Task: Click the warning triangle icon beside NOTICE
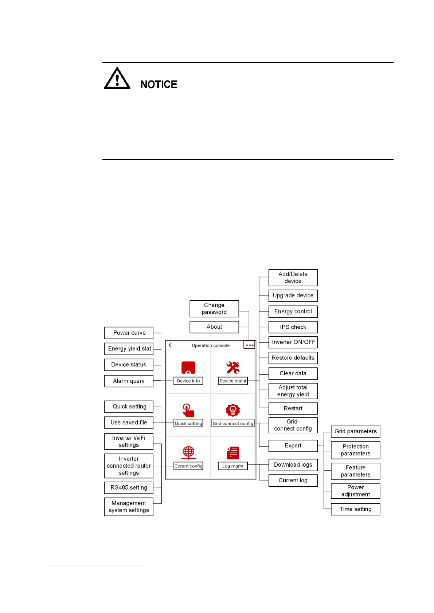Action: click(x=117, y=78)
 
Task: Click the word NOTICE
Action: click(x=159, y=84)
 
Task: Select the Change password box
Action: click(x=214, y=309)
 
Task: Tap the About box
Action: click(x=214, y=327)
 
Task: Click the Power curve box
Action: click(x=129, y=333)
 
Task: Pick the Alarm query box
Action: click(x=129, y=381)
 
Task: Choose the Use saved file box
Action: click(x=129, y=422)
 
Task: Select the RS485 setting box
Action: click(x=129, y=487)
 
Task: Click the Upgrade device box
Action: click(x=293, y=296)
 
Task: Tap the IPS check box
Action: click(x=293, y=327)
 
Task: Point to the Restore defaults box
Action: click(x=293, y=358)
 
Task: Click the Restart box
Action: click(x=293, y=408)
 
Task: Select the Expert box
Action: click(x=293, y=446)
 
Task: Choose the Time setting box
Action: click(x=356, y=509)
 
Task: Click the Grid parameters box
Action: click(x=356, y=431)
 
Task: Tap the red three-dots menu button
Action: click(x=250, y=345)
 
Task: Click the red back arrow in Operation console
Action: click(x=170, y=345)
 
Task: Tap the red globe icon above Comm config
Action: click(x=188, y=453)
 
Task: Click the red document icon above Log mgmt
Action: click(x=233, y=453)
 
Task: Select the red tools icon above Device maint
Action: click(x=233, y=368)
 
